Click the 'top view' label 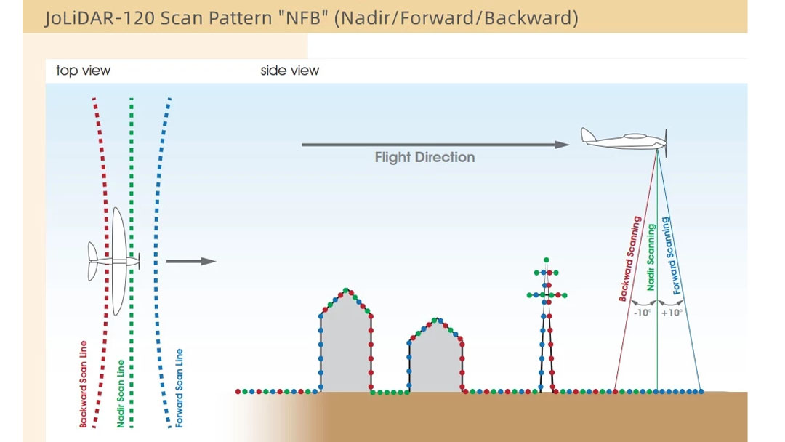tap(83, 71)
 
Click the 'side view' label tap(289, 71)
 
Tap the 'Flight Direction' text tap(424, 157)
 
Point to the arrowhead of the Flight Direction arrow tap(562, 145)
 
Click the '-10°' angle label tap(643, 313)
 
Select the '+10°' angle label tap(672, 313)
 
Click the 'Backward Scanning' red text tap(629, 259)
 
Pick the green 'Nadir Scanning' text tap(651, 257)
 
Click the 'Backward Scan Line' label tap(83, 385)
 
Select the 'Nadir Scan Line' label tap(121, 393)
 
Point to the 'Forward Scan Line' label tap(180, 388)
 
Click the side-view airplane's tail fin tap(588, 135)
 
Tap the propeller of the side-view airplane tap(666, 142)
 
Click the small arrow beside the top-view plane tap(190, 261)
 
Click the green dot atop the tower tap(546, 260)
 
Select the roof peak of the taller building tap(346, 290)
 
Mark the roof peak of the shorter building tap(437, 319)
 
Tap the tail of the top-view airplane tap(93, 261)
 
